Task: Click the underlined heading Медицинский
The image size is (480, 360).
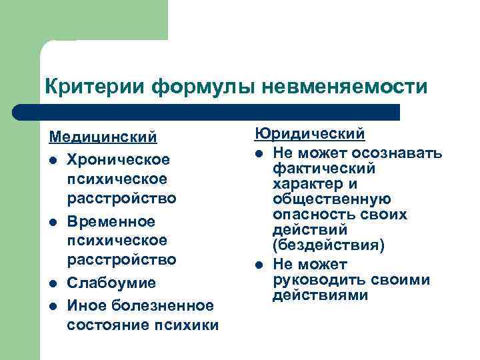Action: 103,137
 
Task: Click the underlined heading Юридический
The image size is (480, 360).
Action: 309,133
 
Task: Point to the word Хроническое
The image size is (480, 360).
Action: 119,161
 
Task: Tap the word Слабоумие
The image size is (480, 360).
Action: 111,283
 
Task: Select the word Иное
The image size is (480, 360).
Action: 85,305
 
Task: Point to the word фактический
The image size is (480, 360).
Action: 323,169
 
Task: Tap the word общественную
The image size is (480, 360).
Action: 331,199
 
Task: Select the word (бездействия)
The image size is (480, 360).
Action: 329,245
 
